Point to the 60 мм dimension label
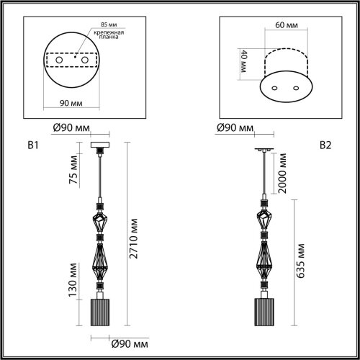(287, 24)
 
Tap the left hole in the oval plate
(279, 89)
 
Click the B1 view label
(32, 145)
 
